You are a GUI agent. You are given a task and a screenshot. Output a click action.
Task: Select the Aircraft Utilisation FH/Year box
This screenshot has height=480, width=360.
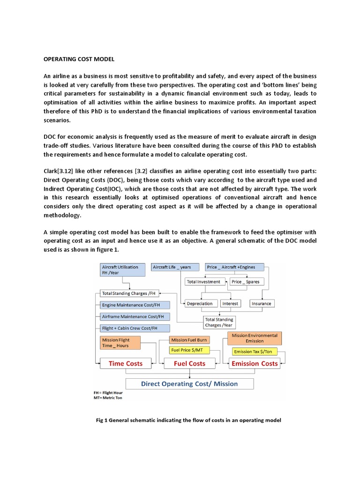[123, 270]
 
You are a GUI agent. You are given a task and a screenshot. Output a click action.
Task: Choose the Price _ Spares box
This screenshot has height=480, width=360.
[247, 282]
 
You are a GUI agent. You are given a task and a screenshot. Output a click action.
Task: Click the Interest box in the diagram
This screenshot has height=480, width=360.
[230, 303]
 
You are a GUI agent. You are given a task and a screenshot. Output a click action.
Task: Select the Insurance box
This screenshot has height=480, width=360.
[261, 303]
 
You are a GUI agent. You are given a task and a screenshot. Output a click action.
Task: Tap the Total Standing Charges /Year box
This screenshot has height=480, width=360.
[219, 322]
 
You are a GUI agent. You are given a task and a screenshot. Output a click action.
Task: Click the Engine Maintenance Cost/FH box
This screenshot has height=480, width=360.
[129, 305]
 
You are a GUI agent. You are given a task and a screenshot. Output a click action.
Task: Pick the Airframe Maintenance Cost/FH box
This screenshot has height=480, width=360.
[129, 316]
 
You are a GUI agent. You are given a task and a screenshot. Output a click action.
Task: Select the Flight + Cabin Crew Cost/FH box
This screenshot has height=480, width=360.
[129, 328]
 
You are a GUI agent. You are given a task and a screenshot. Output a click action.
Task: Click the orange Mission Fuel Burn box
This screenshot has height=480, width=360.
[189, 340]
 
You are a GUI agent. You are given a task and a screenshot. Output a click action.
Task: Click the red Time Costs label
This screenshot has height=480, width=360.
[126, 363]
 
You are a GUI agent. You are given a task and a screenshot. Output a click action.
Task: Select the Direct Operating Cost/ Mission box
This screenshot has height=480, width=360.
[189, 383]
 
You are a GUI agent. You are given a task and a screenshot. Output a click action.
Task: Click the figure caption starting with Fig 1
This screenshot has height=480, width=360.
[189, 420]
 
